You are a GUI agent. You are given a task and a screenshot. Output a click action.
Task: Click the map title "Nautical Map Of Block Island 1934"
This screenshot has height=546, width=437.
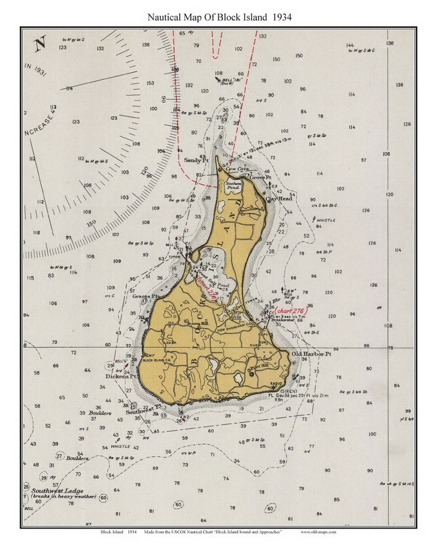coord(219,17)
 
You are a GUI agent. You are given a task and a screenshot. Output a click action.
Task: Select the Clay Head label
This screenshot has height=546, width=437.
coord(279,199)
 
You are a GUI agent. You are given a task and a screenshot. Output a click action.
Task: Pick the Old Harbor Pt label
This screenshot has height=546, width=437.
coord(312,353)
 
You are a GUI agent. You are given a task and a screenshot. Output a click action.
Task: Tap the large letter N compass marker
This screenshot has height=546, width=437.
coord(40,43)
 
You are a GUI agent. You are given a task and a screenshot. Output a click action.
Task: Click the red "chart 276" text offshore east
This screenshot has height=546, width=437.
coord(291,311)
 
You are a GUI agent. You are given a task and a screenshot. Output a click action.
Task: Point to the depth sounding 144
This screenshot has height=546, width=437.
coord(350,45)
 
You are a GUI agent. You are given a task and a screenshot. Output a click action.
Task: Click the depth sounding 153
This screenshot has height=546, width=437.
coord(150,83)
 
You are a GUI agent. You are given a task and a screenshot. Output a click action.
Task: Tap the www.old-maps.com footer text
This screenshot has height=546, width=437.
coord(318,532)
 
